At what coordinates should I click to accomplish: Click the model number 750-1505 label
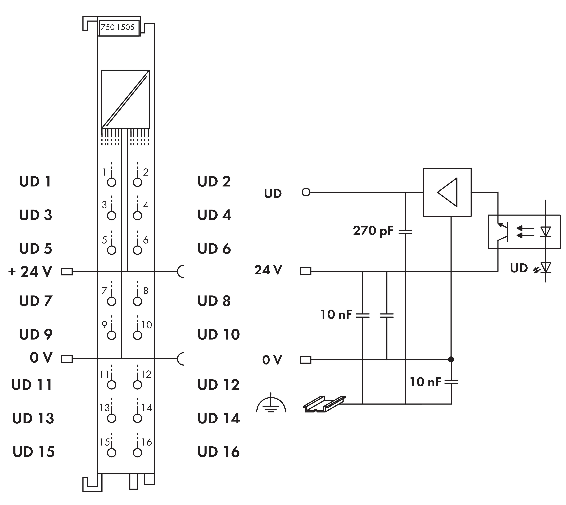tap(118, 27)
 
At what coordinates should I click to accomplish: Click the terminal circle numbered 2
tap(137, 182)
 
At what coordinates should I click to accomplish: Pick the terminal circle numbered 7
tap(111, 301)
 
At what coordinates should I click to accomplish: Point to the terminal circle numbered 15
tap(111, 453)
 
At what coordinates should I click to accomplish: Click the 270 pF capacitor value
tap(373, 231)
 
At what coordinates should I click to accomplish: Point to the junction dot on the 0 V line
tap(451, 360)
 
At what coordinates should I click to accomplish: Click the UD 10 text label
tap(219, 335)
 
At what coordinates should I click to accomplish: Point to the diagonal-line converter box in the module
tap(125, 99)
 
